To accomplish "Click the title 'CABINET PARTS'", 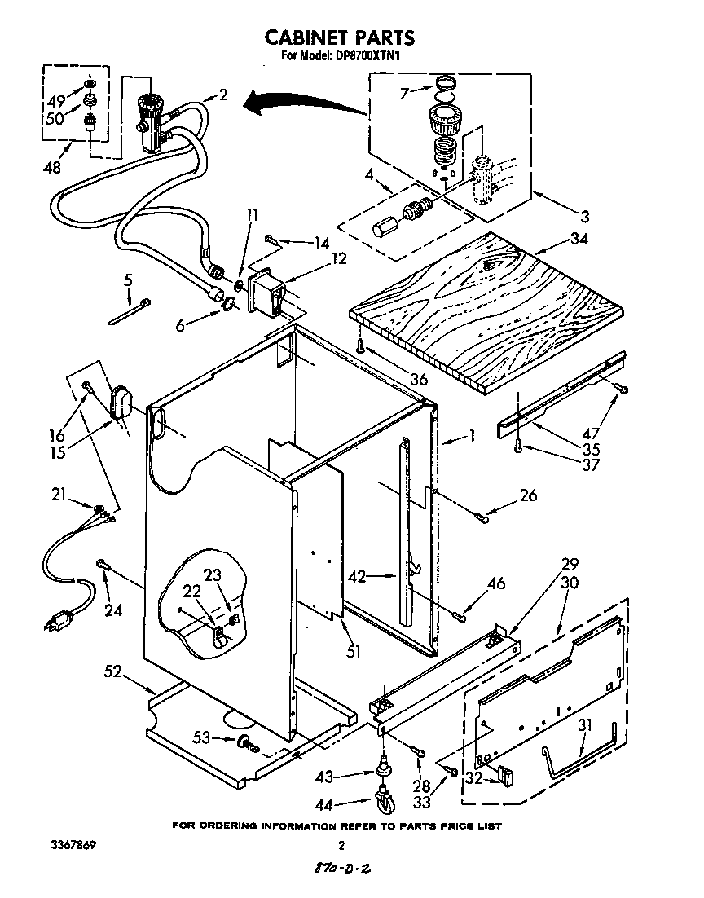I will point(340,37).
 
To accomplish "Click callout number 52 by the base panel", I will point(113,672).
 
